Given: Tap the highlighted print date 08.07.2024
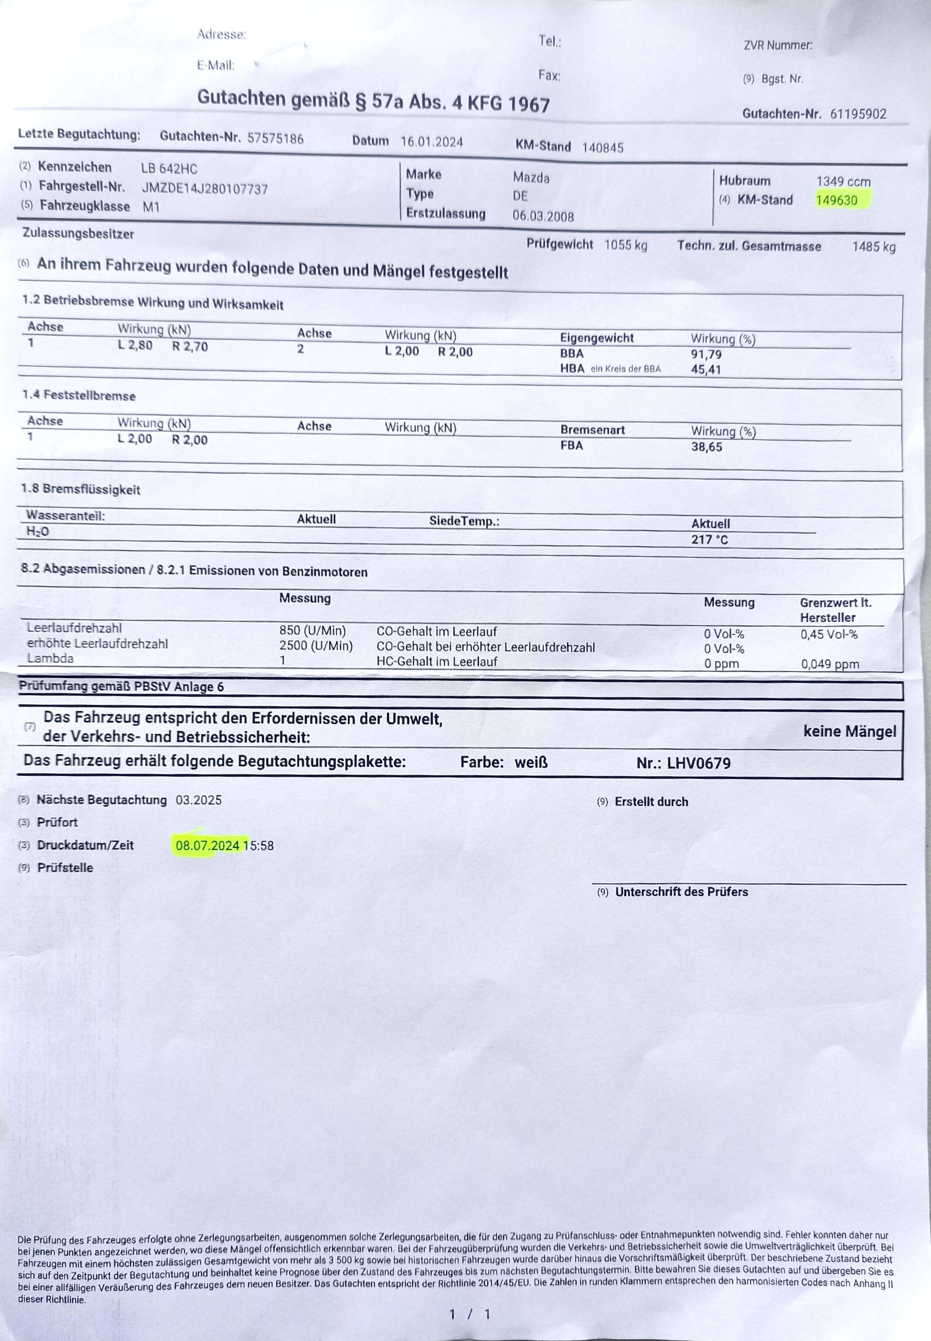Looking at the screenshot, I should (x=207, y=845).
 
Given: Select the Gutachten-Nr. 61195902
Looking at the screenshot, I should (x=858, y=114).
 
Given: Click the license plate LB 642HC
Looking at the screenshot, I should (x=169, y=169).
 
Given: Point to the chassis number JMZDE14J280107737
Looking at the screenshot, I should (x=205, y=189).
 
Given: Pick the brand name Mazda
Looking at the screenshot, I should (x=531, y=178).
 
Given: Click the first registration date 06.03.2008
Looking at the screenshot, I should (x=542, y=217).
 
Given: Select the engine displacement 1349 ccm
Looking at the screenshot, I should (x=843, y=181).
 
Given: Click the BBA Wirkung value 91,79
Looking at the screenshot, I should (x=706, y=354).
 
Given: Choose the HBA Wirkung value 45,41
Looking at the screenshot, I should (x=706, y=369).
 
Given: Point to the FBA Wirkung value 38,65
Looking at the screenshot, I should (x=706, y=447).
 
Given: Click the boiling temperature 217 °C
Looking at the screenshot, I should (x=709, y=539).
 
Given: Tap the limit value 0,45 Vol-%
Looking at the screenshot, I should (x=828, y=634).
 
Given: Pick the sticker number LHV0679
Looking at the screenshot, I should (x=698, y=763).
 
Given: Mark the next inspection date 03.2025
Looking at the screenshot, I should (x=198, y=800).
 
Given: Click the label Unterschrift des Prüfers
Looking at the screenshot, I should (x=681, y=892).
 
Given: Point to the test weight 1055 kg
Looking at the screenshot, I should (x=625, y=245).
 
